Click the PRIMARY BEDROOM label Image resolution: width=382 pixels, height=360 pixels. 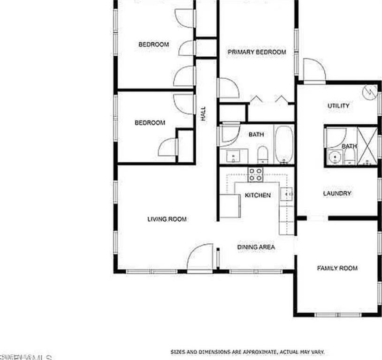point(257,52)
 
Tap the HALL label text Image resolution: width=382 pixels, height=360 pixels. point(203,114)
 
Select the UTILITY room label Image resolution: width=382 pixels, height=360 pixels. point(338,106)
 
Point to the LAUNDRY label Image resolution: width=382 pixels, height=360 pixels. point(337,194)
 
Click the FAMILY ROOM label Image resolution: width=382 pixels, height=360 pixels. point(337,268)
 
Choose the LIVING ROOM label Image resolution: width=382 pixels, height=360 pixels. point(167,219)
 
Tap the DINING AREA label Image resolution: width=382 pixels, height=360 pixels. point(256,247)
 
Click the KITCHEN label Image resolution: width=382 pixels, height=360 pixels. point(258,195)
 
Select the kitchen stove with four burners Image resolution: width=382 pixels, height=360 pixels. point(255,174)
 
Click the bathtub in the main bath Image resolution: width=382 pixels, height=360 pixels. point(283,144)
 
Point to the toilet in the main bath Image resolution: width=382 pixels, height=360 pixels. point(263,154)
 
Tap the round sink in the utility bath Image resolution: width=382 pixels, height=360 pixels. point(335,157)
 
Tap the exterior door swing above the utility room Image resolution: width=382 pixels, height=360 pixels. point(313,70)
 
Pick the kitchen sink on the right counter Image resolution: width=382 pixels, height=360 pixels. point(287,193)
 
